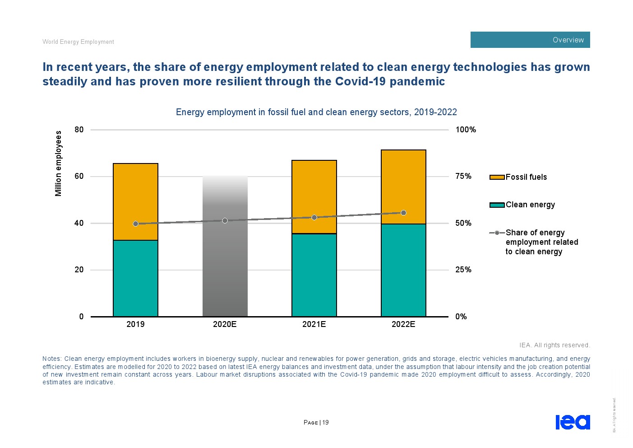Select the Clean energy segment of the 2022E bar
(403, 270)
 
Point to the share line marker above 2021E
(314, 217)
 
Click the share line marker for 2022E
(403, 213)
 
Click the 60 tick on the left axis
(79, 176)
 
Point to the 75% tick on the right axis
(463, 176)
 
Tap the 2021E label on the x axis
(314, 324)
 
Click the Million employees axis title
(58, 163)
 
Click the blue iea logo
(573, 422)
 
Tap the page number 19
(325, 423)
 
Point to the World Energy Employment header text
(78, 42)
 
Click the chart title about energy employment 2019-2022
(316, 112)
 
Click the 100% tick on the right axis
(466, 130)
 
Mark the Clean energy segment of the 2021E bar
(314, 275)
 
